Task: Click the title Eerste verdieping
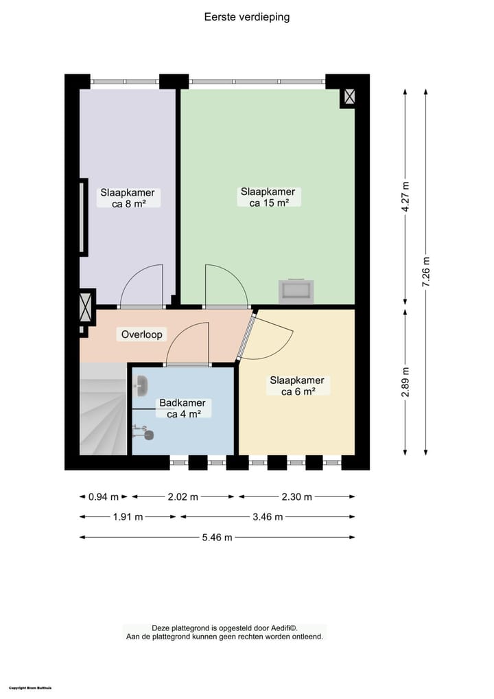click(247, 17)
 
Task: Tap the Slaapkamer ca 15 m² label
click(268, 197)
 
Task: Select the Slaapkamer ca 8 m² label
click(128, 198)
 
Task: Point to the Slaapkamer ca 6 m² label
click(297, 386)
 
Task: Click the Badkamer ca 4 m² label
click(183, 409)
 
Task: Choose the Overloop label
click(142, 334)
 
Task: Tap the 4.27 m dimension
click(406, 198)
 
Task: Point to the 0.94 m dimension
click(104, 496)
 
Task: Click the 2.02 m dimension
click(183, 496)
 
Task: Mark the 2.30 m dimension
click(296, 496)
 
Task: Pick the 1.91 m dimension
click(129, 517)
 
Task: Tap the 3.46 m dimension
click(268, 517)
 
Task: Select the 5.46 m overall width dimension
click(217, 537)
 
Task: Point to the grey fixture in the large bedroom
click(296, 291)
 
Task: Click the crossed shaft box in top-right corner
click(349, 98)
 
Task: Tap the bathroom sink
click(142, 386)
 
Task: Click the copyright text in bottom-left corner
click(31, 687)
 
